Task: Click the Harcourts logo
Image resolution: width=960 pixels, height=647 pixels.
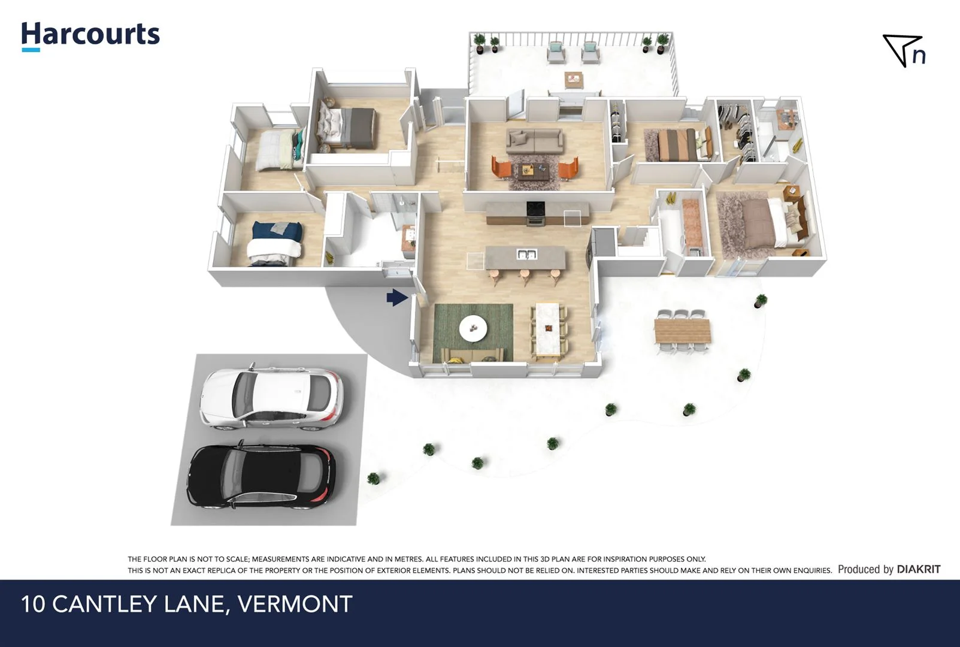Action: (90, 35)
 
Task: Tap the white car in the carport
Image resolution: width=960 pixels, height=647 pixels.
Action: (271, 397)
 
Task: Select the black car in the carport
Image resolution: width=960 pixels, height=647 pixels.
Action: (262, 476)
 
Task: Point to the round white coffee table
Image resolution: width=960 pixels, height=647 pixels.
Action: (473, 328)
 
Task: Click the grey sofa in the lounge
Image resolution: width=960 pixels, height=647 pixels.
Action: (534, 141)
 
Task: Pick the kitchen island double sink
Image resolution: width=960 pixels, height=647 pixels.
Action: (526, 255)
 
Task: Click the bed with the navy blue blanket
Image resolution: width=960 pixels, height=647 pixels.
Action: (276, 243)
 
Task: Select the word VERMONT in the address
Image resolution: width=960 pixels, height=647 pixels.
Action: (295, 604)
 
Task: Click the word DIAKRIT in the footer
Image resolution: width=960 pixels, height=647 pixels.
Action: (918, 569)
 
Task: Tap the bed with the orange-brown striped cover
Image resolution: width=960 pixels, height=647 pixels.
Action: (677, 144)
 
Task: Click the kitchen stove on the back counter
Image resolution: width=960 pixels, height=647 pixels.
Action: (535, 213)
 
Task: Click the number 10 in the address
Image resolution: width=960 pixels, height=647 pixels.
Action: (34, 604)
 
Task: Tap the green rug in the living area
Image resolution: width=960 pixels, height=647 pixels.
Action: (473, 332)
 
